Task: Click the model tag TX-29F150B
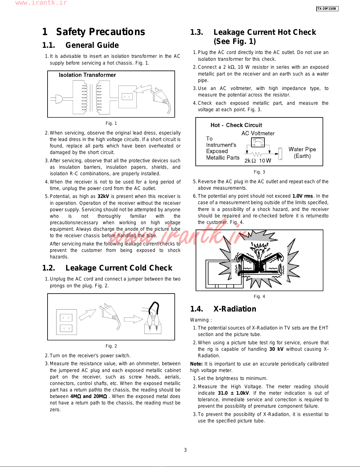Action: (327, 9)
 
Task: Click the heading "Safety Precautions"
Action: (100, 32)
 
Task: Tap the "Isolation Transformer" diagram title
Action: (87, 75)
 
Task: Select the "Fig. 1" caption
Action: (111, 123)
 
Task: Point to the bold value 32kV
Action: (103, 196)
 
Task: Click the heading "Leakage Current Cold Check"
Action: (119, 268)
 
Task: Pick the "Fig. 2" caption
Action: (111, 346)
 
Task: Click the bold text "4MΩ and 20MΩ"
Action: (89, 396)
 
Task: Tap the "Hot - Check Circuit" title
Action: (236, 125)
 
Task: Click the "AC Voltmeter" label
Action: (258, 133)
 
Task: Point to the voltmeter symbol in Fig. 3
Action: (258, 142)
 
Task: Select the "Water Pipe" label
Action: (302, 149)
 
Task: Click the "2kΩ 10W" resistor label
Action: (258, 161)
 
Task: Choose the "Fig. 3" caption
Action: (259, 172)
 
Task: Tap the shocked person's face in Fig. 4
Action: (259, 253)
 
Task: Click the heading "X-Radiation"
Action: (235, 309)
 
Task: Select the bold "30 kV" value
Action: (276, 349)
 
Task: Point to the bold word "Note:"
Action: (196, 364)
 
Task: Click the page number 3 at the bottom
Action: (185, 450)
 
